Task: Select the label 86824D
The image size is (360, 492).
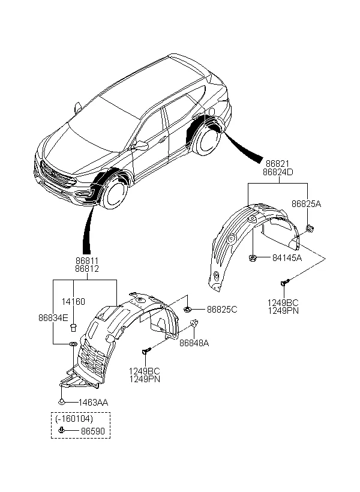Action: [277, 172]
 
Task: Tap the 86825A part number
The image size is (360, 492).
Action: [306, 204]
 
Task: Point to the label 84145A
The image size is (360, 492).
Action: [286, 258]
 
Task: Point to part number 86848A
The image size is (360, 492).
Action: [194, 343]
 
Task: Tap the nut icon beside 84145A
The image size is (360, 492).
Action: [254, 259]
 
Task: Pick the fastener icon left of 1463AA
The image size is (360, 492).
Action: [62, 401]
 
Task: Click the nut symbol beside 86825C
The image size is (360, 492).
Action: [188, 309]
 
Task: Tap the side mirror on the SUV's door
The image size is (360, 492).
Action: [142, 145]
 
